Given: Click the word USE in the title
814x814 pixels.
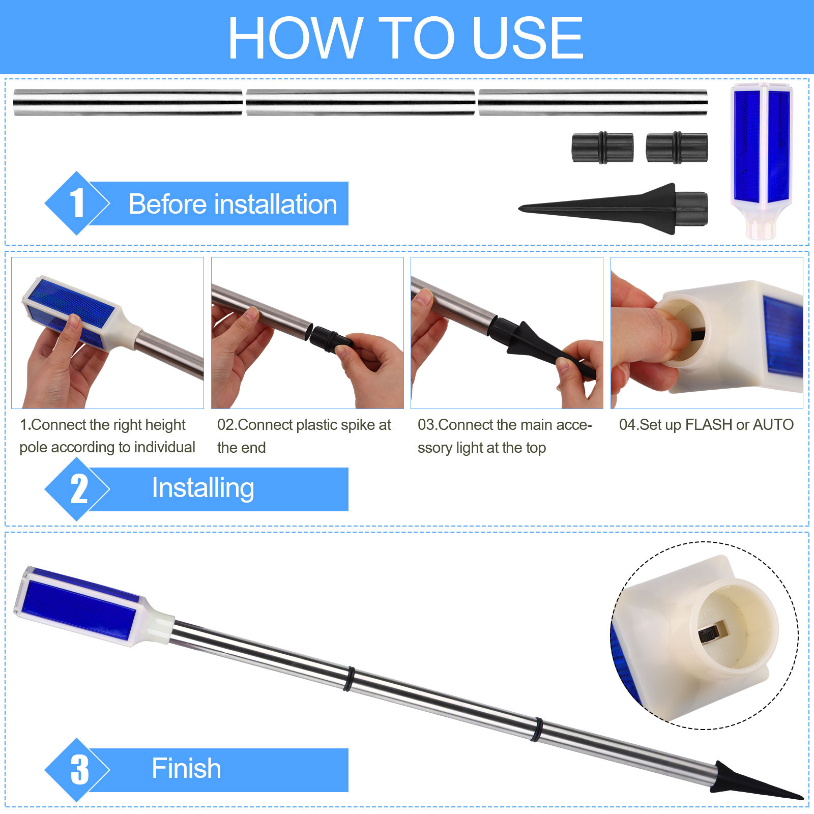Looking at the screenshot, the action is pyautogui.click(x=528, y=37).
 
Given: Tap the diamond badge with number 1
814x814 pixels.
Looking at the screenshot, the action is pyautogui.click(x=77, y=203).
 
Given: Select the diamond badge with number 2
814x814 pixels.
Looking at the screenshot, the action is pyautogui.click(x=77, y=489).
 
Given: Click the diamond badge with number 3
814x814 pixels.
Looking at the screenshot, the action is pyautogui.click(x=77, y=770).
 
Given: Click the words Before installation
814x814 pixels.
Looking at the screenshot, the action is pyautogui.click(x=233, y=204).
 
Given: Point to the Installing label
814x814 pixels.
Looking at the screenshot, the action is pyautogui.click(x=203, y=488).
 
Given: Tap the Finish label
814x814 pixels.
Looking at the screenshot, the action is pyautogui.click(x=186, y=768).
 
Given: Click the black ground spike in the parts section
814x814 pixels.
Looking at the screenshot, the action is pyautogui.click(x=614, y=209).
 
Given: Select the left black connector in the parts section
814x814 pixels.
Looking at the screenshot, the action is pyautogui.click(x=602, y=148).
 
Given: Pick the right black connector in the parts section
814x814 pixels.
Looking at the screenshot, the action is pyautogui.click(x=677, y=148).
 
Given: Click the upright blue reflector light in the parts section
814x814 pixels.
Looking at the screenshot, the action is pyautogui.click(x=762, y=160).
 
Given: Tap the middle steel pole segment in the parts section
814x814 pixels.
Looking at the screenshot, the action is pyautogui.click(x=360, y=102).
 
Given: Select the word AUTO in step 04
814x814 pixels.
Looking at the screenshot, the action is pyautogui.click(x=773, y=424).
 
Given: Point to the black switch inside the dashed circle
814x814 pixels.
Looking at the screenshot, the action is pyautogui.click(x=713, y=634).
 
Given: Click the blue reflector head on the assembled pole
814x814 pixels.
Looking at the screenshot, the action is pyautogui.click(x=81, y=606).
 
